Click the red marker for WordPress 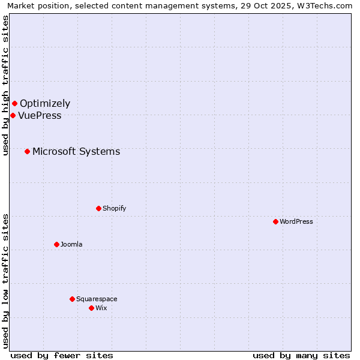tap(275, 221)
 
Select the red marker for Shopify tap(98, 208)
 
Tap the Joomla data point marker tap(56, 244)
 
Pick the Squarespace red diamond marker tap(72, 299)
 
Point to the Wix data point tap(91, 308)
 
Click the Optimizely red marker tap(14, 104)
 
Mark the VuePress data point tap(13, 115)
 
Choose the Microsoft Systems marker tap(27, 151)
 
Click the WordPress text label tap(296, 221)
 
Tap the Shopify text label tap(114, 208)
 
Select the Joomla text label tap(71, 244)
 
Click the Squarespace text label tap(97, 299)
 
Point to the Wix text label tap(101, 308)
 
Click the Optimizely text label tap(45, 104)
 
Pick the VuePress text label tap(40, 116)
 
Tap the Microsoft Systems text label tap(76, 151)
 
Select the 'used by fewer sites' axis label tap(62, 355)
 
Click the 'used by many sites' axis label tap(301, 355)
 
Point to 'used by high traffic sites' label tap(5, 85)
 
